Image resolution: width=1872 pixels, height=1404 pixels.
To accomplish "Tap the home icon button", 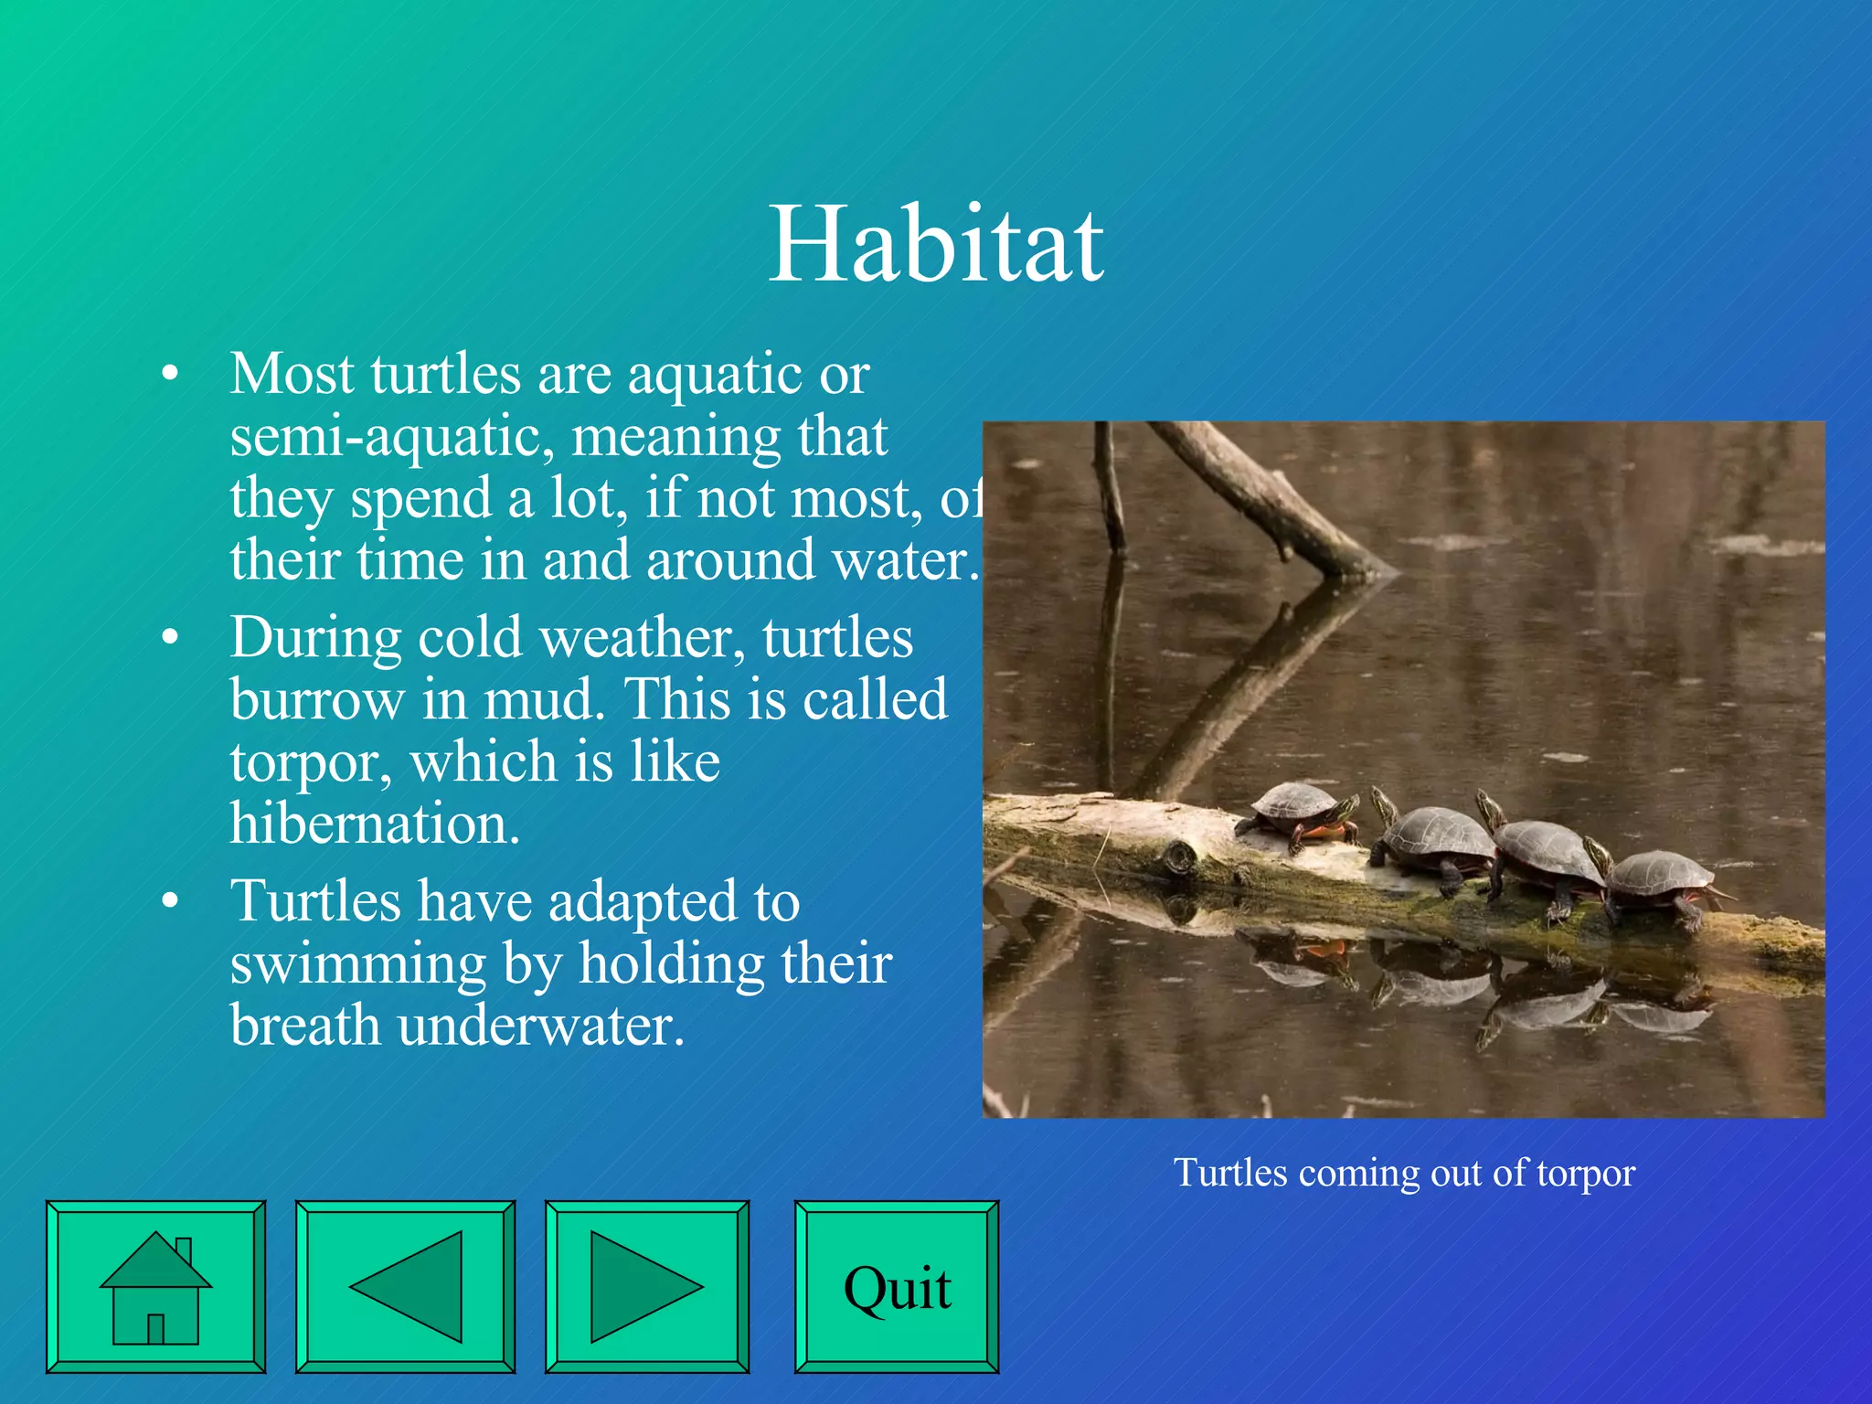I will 155,1287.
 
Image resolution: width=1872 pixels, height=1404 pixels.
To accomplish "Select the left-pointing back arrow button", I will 405,1287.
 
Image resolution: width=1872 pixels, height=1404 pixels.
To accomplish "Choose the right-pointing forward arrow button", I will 646,1287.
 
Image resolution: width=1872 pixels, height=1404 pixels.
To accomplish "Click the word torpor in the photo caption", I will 1585,1174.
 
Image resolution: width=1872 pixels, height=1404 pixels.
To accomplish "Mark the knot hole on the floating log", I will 1180,857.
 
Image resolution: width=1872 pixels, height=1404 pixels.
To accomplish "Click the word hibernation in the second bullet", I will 375,824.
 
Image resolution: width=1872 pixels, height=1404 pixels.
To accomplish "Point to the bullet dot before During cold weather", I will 169,638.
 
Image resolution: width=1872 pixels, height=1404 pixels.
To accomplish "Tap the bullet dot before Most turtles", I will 169,375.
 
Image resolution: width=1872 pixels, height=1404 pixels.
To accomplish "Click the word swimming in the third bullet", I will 357,963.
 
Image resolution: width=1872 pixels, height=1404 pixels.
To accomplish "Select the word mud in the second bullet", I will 543,700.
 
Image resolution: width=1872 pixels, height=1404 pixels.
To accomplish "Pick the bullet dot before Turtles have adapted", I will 169,901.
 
